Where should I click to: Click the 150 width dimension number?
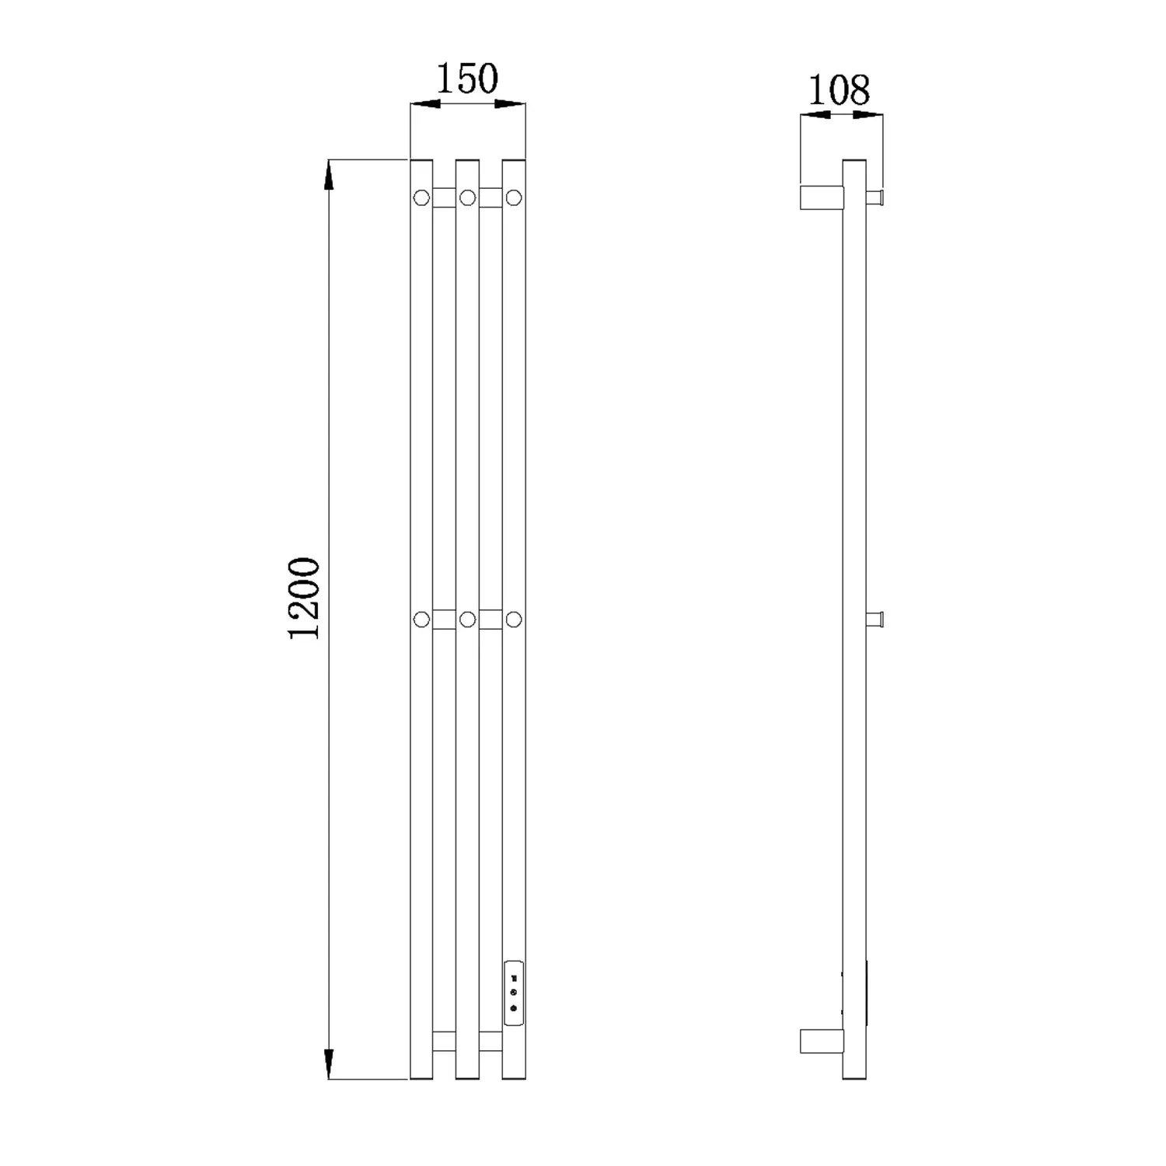466,79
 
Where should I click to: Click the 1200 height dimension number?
304,599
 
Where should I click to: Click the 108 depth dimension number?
839,90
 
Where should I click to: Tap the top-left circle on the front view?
421,197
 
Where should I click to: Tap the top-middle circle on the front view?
467,197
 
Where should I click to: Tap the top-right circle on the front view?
513,197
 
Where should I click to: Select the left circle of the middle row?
421,620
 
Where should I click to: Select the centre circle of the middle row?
467,620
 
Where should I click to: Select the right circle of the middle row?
513,620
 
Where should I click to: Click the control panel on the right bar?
513,993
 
